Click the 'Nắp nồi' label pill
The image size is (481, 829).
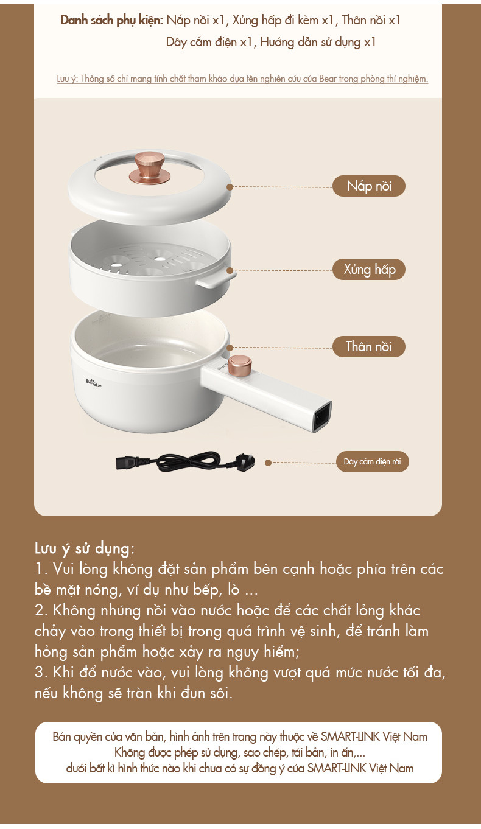(x=368, y=186)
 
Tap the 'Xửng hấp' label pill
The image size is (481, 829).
(x=369, y=269)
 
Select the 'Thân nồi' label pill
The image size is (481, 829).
(x=369, y=346)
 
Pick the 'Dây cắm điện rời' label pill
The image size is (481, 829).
(x=372, y=461)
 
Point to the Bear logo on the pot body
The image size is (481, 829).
(x=94, y=382)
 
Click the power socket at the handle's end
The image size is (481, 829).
(x=322, y=417)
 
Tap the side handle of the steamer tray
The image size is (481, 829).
(x=216, y=280)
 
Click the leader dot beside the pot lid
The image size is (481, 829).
(x=230, y=187)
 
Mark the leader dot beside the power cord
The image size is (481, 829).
(x=269, y=463)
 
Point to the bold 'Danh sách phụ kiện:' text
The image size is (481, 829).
(x=112, y=20)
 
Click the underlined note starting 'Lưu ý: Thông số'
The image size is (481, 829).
(x=242, y=79)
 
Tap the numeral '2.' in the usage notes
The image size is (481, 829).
(x=41, y=610)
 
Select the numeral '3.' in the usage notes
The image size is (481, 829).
(x=41, y=673)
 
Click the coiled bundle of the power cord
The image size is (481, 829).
(x=187, y=461)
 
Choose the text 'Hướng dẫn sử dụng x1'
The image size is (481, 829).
(x=318, y=42)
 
